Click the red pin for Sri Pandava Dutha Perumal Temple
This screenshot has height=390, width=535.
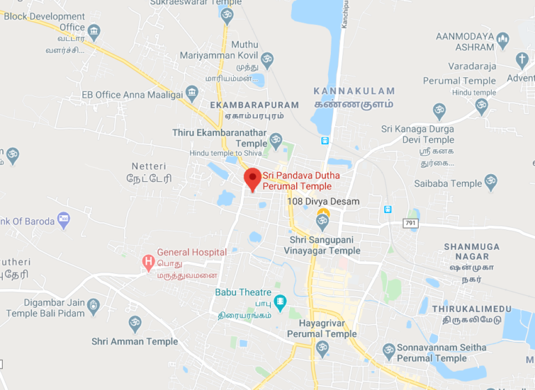point(252,178)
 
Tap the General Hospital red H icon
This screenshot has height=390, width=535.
point(148,262)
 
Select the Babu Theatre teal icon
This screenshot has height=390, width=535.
point(279,302)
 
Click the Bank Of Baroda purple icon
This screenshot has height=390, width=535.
point(63,220)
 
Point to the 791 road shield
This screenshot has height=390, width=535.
point(410,223)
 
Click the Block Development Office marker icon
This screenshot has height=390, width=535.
point(94,32)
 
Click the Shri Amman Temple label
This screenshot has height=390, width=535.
point(134,341)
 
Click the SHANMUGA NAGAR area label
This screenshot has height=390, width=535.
point(472,251)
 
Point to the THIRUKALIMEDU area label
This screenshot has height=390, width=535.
point(472,309)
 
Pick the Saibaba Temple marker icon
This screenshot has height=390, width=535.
point(491,182)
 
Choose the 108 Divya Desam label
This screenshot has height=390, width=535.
point(323,202)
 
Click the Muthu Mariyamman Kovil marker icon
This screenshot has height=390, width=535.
point(267,58)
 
